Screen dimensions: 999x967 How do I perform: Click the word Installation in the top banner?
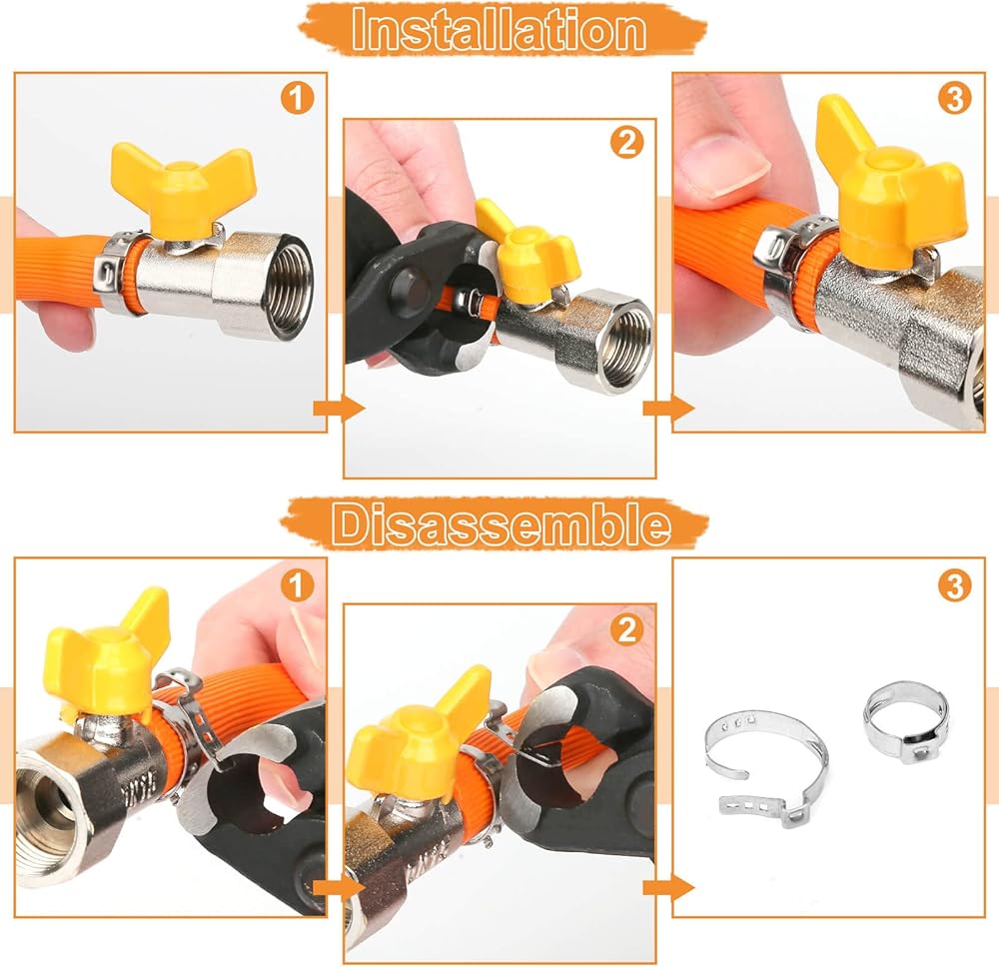pyautogui.click(x=499, y=30)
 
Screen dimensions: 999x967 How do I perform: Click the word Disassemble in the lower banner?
pyautogui.click(x=500, y=524)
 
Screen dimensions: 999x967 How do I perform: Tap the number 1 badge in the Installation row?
pyautogui.click(x=297, y=99)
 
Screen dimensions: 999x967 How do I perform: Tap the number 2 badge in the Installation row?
pyautogui.click(x=627, y=143)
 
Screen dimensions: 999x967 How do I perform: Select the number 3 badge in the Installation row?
pyautogui.click(x=954, y=99)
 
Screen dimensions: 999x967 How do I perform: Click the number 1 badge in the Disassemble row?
pyautogui.click(x=297, y=585)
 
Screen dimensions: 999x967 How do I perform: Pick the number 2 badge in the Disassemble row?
pyautogui.click(x=627, y=630)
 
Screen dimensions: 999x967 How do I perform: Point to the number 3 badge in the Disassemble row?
pyautogui.click(x=954, y=585)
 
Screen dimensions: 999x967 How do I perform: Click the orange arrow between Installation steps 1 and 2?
pyautogui.click(x=339, y=408)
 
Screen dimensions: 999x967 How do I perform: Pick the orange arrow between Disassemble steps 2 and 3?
pyautogui.click(x=668, y=888)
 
